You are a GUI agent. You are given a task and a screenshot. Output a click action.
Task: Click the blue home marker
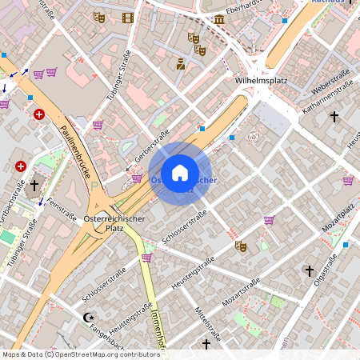(x=180, y=173)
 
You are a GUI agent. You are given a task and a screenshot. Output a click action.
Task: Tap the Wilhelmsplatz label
(x=262, y=81)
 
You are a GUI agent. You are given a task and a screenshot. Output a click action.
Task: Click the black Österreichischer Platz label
(x=114, y=222)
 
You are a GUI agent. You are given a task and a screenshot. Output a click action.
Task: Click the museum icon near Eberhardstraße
(x=219, y=18)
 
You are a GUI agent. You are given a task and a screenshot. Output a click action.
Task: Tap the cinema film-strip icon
(x=128, y=17)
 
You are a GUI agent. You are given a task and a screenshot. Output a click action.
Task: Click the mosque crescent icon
(x=89, y=318)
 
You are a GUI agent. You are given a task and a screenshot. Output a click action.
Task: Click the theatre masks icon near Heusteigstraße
(x=239, y=246)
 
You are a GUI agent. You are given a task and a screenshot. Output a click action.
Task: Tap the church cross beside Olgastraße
(x=309, y=271)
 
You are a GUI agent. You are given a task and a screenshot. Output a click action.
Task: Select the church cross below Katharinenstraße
(x=334, y=117)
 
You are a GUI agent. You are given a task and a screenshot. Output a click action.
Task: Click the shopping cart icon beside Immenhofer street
(x=146, y=257)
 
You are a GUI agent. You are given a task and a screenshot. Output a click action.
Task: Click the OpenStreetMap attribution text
(x=81, y=354)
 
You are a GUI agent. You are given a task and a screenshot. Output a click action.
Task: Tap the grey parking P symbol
(x=94, y=186)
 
